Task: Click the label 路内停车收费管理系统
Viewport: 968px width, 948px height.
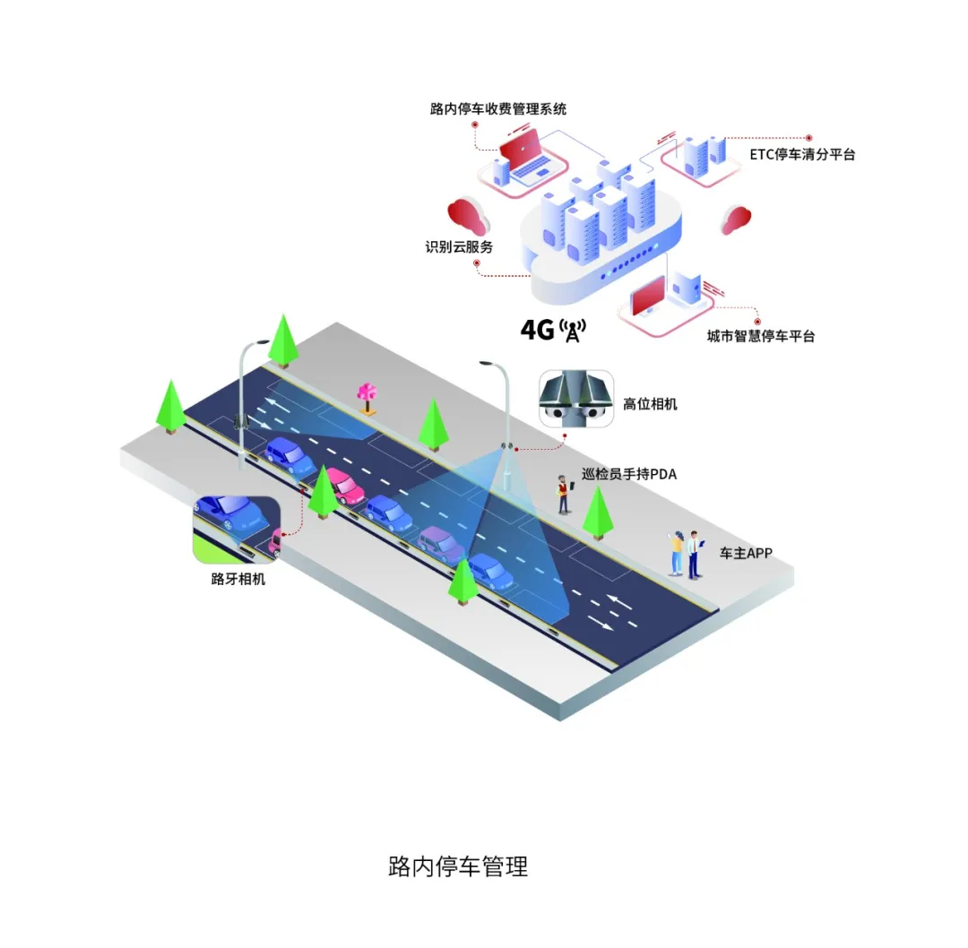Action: pos(497,109)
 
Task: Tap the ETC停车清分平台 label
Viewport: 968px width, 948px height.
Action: pos(802,154)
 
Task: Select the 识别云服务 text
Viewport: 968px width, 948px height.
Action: pos(459,246)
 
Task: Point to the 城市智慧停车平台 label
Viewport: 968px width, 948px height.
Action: pos(761,337)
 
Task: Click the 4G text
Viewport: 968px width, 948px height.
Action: pos(538,330)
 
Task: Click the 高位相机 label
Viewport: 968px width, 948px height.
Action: pos(650,404)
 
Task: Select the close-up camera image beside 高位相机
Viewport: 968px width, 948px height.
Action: pos(575,399)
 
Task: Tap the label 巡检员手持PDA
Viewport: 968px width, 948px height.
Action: pos(628,474)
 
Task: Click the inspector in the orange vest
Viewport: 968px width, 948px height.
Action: pos(564,494)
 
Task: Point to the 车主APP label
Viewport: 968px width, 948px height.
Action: pos(746,554)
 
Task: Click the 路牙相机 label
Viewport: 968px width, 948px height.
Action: pos(238,579)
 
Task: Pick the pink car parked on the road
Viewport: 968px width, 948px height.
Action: pos(343,485)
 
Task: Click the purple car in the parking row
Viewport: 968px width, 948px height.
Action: pos(441,543)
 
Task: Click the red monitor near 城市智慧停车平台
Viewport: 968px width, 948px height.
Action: pos(649,296)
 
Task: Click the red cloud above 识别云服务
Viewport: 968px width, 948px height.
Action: pos(467,216)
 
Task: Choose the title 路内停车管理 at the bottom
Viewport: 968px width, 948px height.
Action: pos(458,866)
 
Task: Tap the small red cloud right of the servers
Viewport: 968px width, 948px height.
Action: pos(736,219)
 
